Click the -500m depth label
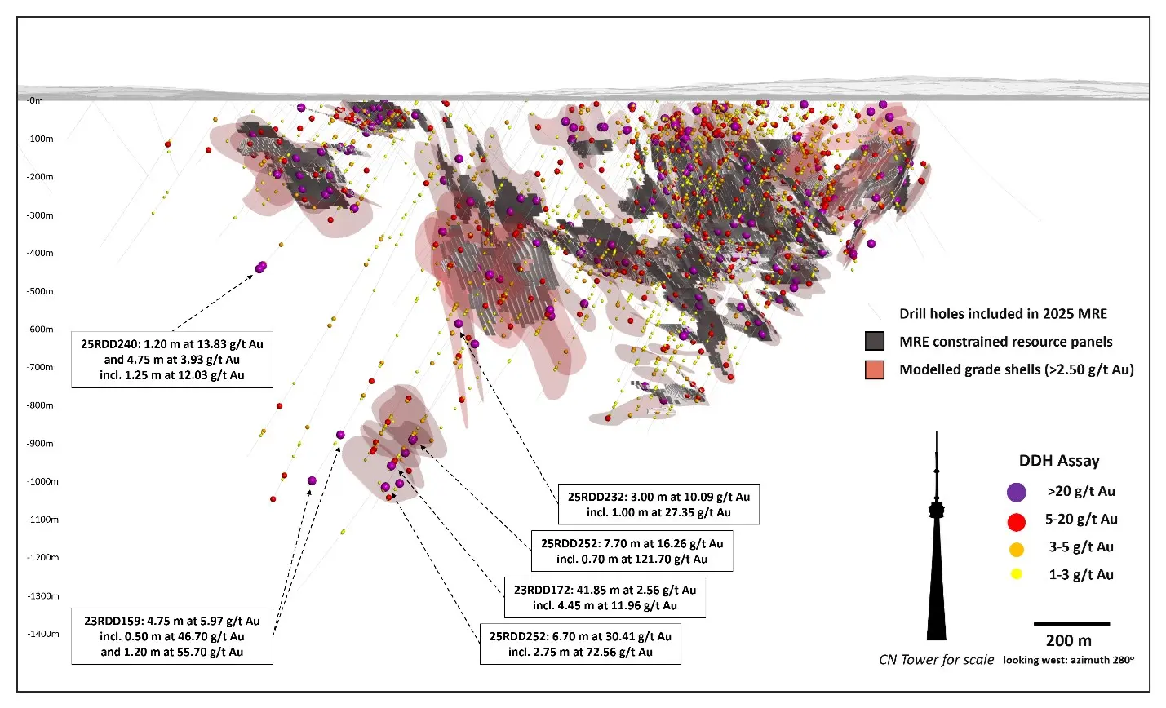[40, 291]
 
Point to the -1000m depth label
[42, 481]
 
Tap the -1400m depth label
[42, 634]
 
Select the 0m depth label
[35, 100]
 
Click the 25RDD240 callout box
[172, 360]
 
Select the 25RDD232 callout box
[658, 505]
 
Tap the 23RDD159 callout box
[172, 636]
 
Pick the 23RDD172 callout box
[605, 598]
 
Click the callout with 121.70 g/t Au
[632, 551]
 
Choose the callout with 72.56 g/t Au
[580, 644]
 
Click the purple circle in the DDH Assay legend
[1016, 492]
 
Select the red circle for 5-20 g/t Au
[1016, 520]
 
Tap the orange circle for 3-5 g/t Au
[1016, 548]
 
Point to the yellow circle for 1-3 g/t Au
[1016, 575]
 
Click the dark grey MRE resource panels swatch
[875, 342]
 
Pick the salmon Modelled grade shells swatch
[875, 369]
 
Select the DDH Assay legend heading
[1059, 461]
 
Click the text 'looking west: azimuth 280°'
[1068, 660]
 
